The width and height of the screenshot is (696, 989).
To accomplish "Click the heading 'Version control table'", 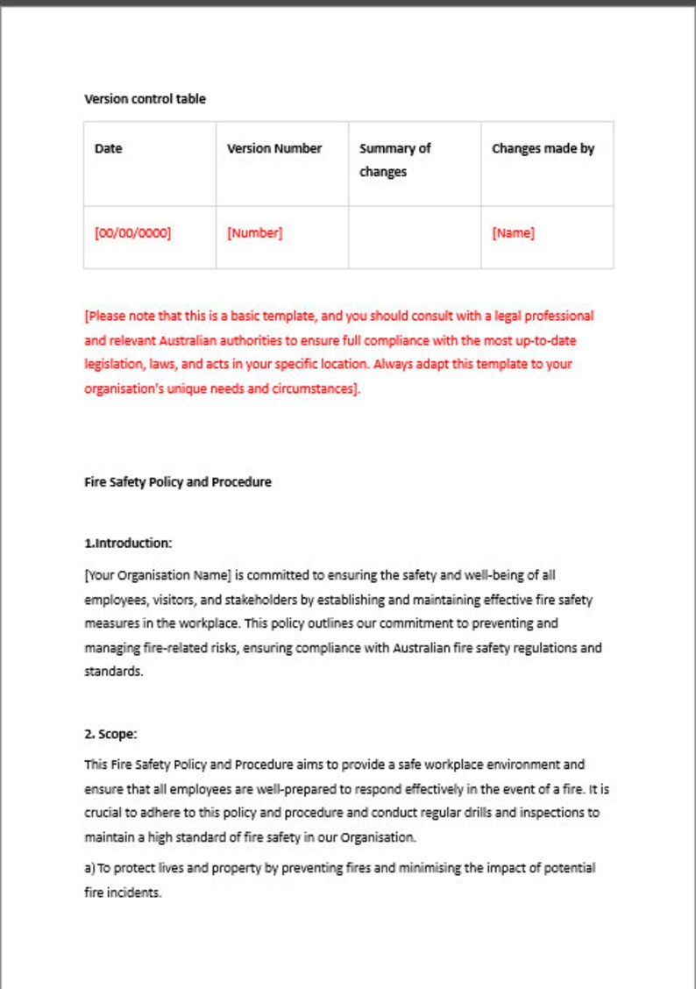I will point(145,99).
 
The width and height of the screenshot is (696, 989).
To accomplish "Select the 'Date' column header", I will point(109,149).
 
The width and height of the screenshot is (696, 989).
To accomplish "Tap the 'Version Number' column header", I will point(274,149).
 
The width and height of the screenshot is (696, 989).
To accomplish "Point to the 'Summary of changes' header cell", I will point(394,160).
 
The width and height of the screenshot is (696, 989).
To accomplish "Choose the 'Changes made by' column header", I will point(543,149).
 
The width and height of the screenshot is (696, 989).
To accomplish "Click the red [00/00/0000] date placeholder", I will point(132,233).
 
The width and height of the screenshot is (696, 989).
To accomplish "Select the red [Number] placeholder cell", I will point(254,233).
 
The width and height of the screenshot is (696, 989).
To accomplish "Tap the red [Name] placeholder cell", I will point(513,233).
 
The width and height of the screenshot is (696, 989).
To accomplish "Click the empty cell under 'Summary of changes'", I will point(414,237).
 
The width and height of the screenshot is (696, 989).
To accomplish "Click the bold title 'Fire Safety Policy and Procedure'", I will point(178,482).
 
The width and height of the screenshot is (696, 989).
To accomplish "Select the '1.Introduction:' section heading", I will point(128,544).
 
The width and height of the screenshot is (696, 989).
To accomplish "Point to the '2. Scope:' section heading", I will point(110,735).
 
